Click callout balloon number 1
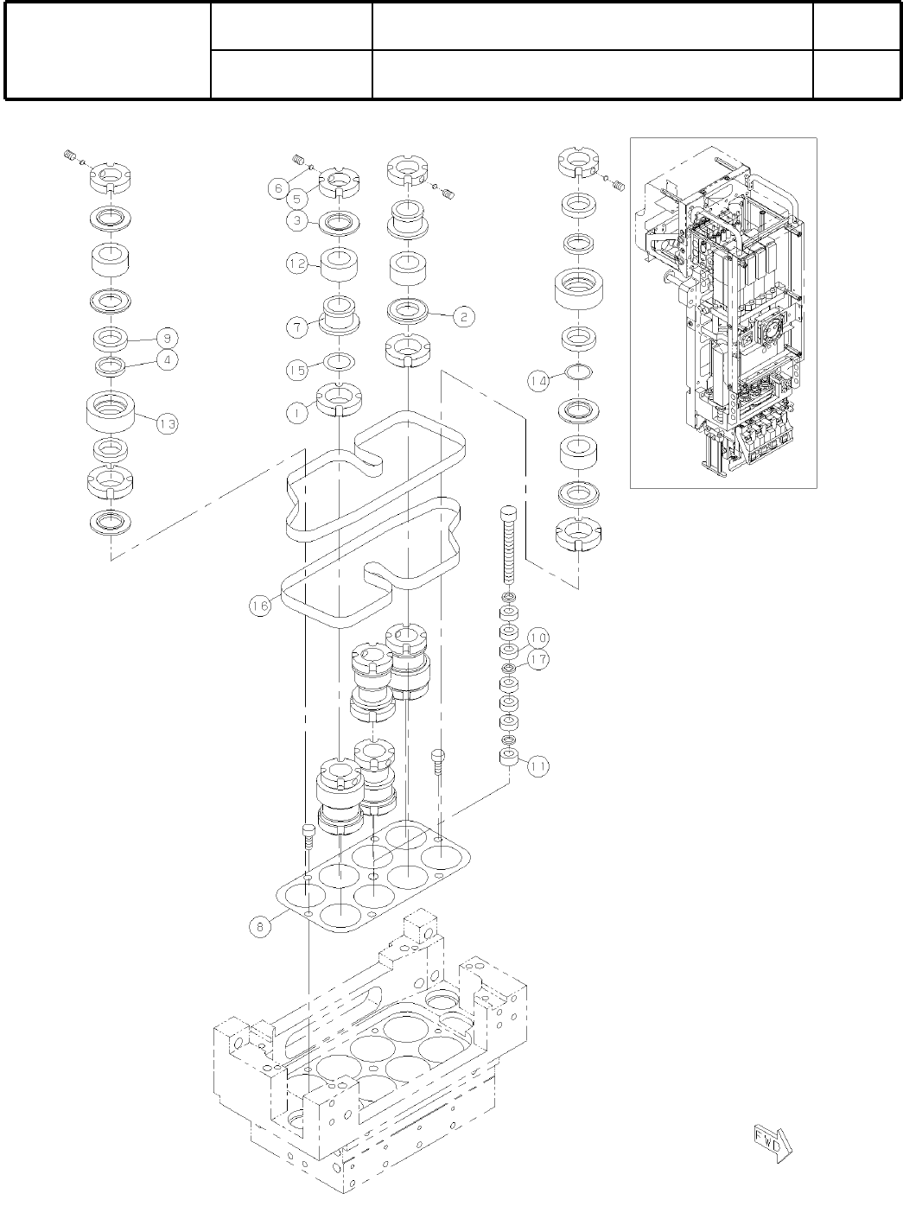coord(297,413)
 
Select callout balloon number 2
coord(463,317)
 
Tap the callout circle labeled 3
coord(297,220)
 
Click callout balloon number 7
coord(297,327)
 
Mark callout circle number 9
coord(167,337)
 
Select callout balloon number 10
coord(538,638)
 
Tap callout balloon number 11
coord(538,765)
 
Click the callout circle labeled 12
coord(297,264)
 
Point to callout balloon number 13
coord(167,423)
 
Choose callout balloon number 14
coord(539,382)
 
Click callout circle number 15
coord(297,370)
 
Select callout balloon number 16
coord(261,606)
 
